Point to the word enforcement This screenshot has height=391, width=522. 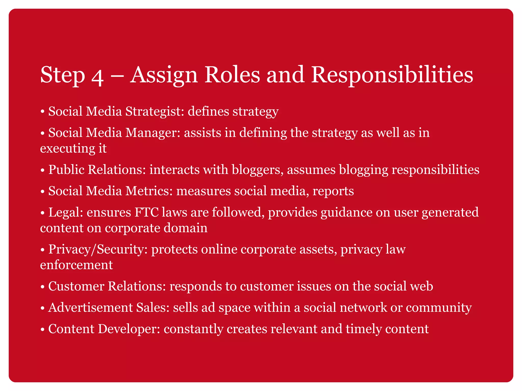[76, 265]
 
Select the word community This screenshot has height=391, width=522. [439, 308]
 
